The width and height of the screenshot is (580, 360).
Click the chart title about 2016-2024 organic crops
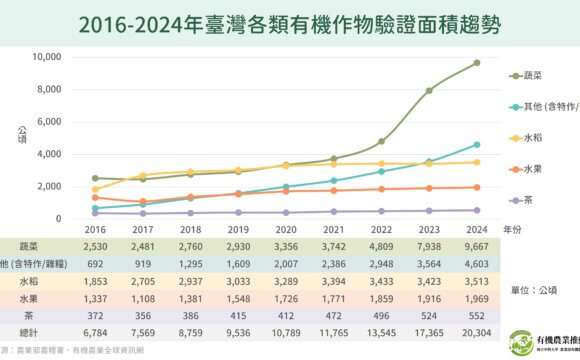click(x=290, y=21)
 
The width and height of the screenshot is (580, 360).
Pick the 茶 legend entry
click(x=531, y=200)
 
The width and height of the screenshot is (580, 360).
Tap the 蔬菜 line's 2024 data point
click(x=476, y=63)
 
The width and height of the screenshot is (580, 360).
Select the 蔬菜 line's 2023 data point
click(x=428, y=91)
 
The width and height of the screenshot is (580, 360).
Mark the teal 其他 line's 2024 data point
click(x=476, y=145)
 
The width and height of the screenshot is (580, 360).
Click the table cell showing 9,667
click(x=476, y=246)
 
